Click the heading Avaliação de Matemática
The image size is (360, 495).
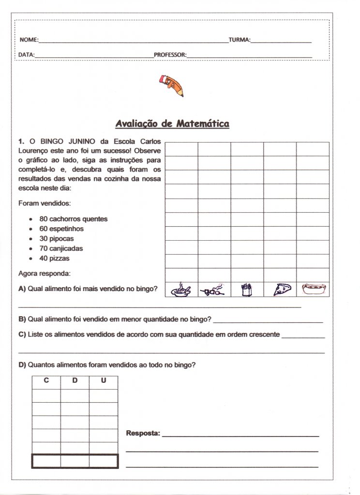(x=172, y=124)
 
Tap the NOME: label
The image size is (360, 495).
(x=29, y=40)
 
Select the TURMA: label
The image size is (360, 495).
(x=239, y=40)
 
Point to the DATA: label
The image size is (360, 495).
(x=26, y=55)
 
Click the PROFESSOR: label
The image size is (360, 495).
(x=170, y=55)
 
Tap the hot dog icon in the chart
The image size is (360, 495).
(x=313, y=290)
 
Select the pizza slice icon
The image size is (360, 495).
(x=280, y=290)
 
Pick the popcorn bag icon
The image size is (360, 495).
(x=247, y=290)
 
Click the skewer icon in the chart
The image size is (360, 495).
(x=214, y=290)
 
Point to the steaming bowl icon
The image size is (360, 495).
(x=181, y=290)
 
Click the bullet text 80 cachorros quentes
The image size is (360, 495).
(x=74, y=219)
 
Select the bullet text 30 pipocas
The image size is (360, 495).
(x=57, y=239)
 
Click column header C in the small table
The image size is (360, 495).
(x=46, y=381)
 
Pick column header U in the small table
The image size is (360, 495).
(x=104, y=381)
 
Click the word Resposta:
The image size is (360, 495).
(x=143, y=433)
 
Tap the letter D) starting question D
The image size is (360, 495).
(x=22, y=365)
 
